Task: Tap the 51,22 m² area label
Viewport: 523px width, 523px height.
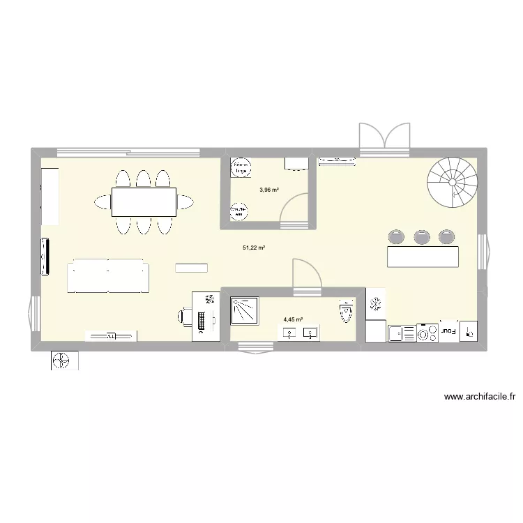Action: (x=254, y=247)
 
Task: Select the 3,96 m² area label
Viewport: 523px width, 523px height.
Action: (x=269, y=189)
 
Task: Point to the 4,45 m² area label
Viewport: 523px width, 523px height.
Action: (x=293, y=320)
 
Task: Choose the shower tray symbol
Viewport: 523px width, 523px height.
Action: (x=245, y=310)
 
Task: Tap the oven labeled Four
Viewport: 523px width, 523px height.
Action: (x=448, y=333)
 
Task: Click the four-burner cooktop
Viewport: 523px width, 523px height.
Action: (x=427, y=333)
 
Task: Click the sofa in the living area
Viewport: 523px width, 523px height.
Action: (x=107, y=276)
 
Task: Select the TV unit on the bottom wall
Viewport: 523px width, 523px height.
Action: (x=111, y=336)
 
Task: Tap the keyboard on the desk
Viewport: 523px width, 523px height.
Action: (x=202, y=321)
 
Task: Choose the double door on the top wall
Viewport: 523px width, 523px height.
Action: (x=384, y=137)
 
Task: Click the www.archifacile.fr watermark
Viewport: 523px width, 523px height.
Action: (x=479, y=397)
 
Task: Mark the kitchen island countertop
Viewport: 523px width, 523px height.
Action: (x=423, y=256)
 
